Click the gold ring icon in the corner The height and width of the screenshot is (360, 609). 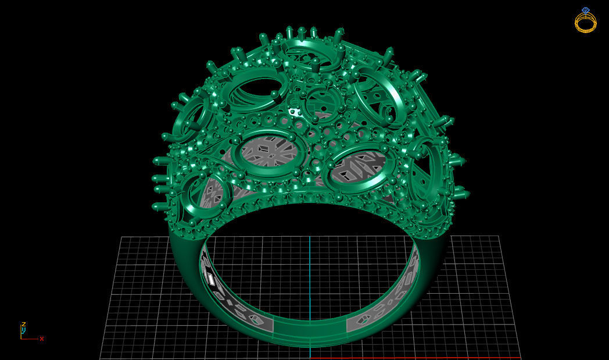(585, 22)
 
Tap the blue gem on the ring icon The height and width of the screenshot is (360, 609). (585, 10)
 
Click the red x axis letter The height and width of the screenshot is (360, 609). (42, 338)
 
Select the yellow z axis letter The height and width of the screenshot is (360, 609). (23, 325)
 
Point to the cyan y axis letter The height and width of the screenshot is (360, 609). (23, 330)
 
